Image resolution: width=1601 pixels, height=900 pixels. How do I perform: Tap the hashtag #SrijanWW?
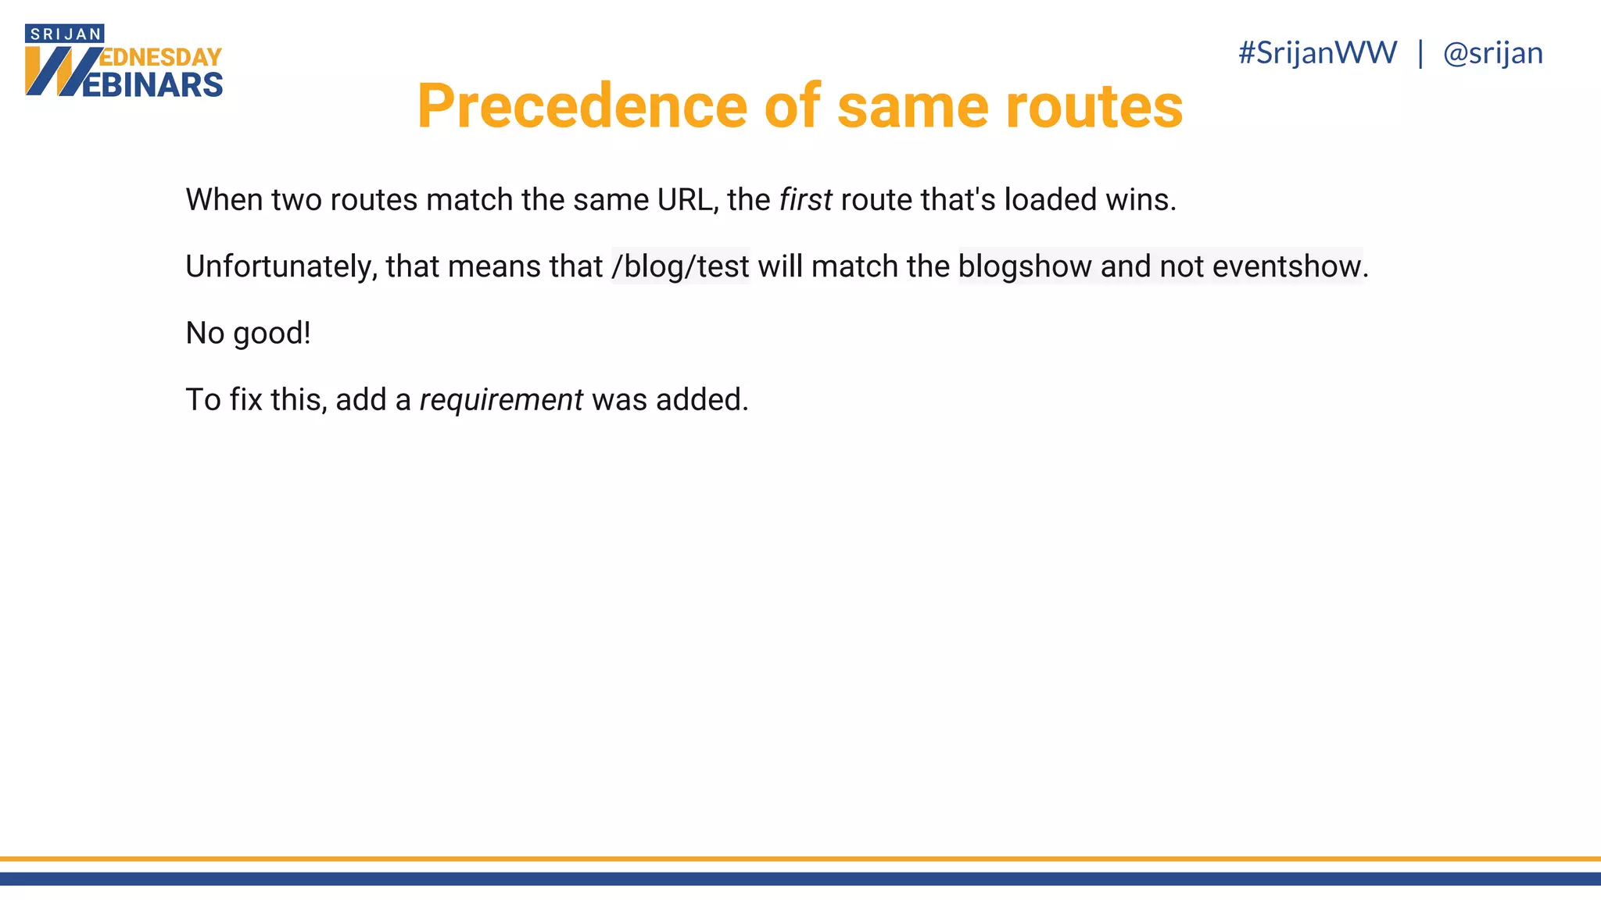(x=1317, y=53)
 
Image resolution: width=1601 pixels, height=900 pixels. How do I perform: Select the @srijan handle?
(x=1492, y=53)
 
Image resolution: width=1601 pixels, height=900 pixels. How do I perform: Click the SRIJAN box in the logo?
(x=65, y=34)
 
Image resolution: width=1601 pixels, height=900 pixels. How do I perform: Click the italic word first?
(x=805, y=200)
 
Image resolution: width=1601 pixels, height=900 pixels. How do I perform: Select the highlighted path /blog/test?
(x=680, y=266)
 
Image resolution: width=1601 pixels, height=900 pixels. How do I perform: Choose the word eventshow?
(x=1287, y=266)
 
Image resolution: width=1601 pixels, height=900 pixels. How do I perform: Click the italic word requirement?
(x=501, y=400)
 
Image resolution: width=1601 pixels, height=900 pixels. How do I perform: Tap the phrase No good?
(x=248, y=334)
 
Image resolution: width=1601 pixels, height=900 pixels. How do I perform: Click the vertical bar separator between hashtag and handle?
(x=1420, y=53)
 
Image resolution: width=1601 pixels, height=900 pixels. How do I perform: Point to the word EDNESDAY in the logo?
(x=162, y=57)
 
